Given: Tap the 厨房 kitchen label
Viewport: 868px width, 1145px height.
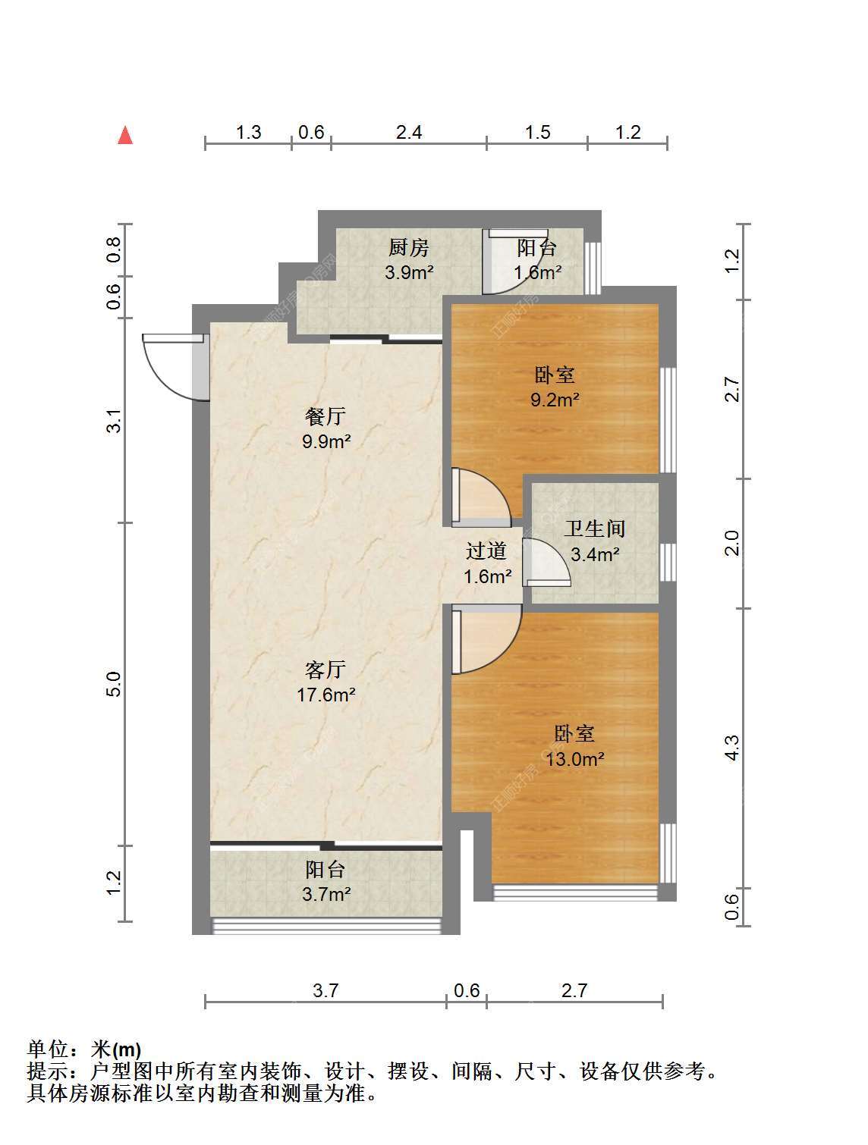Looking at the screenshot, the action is pos(408,248).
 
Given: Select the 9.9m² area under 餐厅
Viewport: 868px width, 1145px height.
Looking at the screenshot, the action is pos(326,442).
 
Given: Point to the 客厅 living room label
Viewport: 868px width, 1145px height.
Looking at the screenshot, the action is pos(325,670).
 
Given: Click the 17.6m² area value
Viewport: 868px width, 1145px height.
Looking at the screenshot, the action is pos(326,695).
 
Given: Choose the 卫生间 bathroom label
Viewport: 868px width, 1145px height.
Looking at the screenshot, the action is pos(595,529).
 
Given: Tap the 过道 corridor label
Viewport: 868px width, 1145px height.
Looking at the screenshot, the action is pos(486,551).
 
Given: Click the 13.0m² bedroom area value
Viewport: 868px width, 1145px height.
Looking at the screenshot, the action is pos(574,759).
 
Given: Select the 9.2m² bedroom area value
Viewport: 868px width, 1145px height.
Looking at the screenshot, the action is pos(555,400).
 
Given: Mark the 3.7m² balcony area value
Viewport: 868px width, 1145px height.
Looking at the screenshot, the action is pos(326,895).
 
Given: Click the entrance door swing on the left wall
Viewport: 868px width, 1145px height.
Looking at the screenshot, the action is pos(176,367).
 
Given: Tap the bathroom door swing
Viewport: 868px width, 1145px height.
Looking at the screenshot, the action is pos(546,563).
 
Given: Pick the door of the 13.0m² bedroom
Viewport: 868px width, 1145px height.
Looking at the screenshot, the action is pos(486,639).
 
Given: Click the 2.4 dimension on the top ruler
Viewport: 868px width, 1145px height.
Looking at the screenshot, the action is pos(409,133).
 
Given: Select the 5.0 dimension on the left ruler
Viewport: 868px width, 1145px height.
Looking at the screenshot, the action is pos(114,684).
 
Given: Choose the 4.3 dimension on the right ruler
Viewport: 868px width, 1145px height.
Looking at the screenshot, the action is pos(733,748).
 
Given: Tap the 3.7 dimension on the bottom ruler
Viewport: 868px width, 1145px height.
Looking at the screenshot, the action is pos(325,990).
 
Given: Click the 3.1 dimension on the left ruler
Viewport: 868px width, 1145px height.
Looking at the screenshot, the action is pos(114,420).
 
